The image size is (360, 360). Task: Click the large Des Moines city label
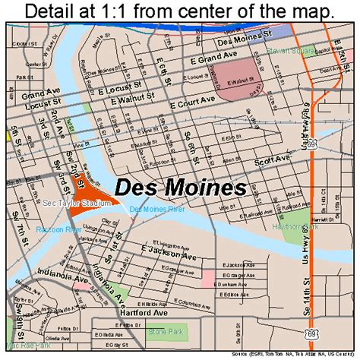click(x=180, y=187)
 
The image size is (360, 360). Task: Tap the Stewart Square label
click(x=288, y=52)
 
